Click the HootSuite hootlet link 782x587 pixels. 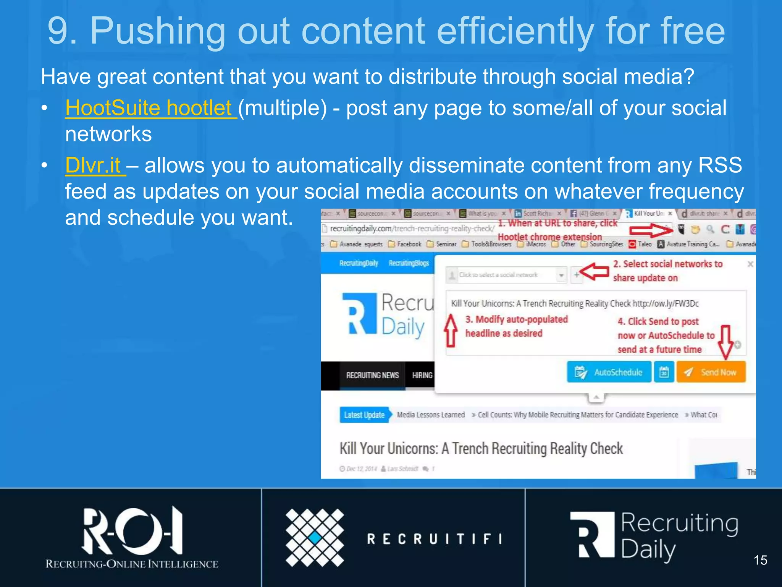point(149,108)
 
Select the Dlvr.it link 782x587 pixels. point(93,165)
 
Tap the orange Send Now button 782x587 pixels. point(711,372)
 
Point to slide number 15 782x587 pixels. point(760,560)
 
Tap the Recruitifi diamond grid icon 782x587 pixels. point(315,538)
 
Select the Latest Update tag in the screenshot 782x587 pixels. point(364,415)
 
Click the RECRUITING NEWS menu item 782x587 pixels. point(372,375)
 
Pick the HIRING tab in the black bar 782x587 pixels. point(422,375)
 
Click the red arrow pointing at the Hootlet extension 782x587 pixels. point(651,230)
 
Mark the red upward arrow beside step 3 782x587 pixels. point(451,330)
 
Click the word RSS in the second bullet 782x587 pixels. point(720,165)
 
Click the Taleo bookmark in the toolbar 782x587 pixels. point(640,244)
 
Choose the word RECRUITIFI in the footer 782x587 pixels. point(435,539)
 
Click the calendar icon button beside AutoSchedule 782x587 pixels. point(664,372)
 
